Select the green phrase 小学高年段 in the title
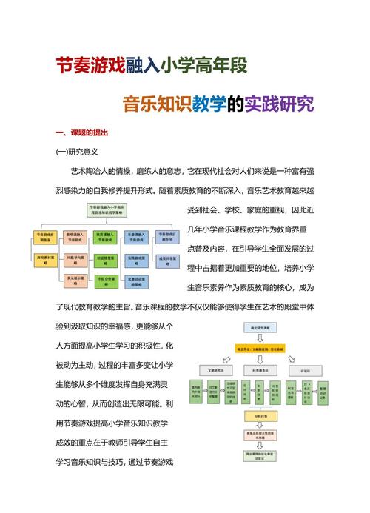pyautogui.click(x=205, y=66)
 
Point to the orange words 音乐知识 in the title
pyautogui.click(x=156, y=102)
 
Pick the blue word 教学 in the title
pyautogui.click(x=209, y=102)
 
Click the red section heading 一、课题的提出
pyautogui.click(x=82, y=133)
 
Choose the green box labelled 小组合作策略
pyautogui.click(x=106, y=280)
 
